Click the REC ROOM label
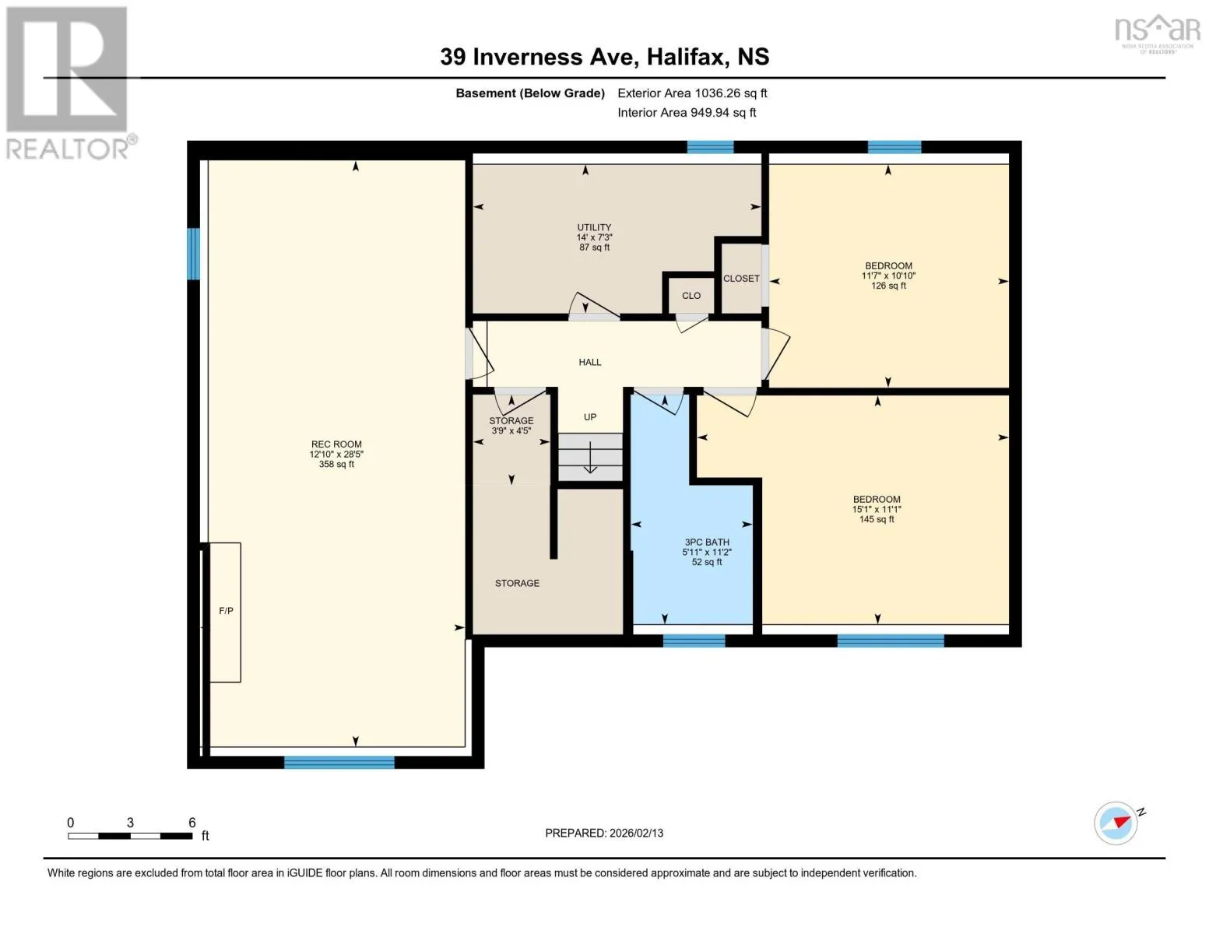point(336,444)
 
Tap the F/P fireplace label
point(226,611)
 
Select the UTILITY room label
point(594,227)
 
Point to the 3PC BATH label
point(707,542)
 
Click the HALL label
point(590,362)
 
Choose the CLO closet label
point(691,296)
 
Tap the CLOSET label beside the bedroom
point(741,278)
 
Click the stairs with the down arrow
point(590,457)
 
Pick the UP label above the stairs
point(590,416)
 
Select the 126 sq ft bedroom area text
point(888,286)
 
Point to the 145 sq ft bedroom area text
point(877,519)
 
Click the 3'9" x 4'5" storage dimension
point(511,430)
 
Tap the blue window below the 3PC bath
point(694,641)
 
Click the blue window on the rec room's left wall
point(193,254)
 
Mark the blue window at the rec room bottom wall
point(339,762)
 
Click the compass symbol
point(1116,823)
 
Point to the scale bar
point(130,835)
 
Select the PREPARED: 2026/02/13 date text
point(604,833)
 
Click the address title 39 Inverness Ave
point(536,57)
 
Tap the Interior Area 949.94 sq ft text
point(687,112)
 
